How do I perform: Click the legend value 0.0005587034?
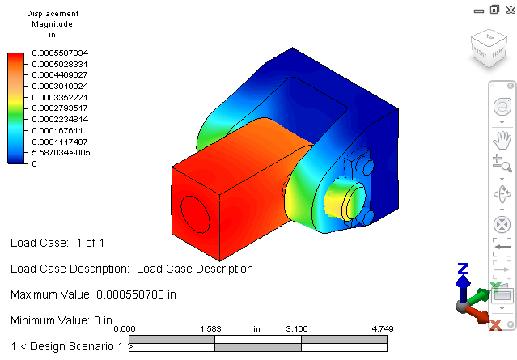coord(60,53)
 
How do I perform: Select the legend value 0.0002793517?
coord(60,108)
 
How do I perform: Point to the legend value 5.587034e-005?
coord(61,153)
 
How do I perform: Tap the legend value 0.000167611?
coord(57,130)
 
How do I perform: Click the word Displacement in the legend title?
coord(53,14)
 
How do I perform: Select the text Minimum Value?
coord(50,320)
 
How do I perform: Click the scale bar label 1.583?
coord(210,329)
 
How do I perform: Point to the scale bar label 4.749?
coord(383,329)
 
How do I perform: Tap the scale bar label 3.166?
coord(297,329)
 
